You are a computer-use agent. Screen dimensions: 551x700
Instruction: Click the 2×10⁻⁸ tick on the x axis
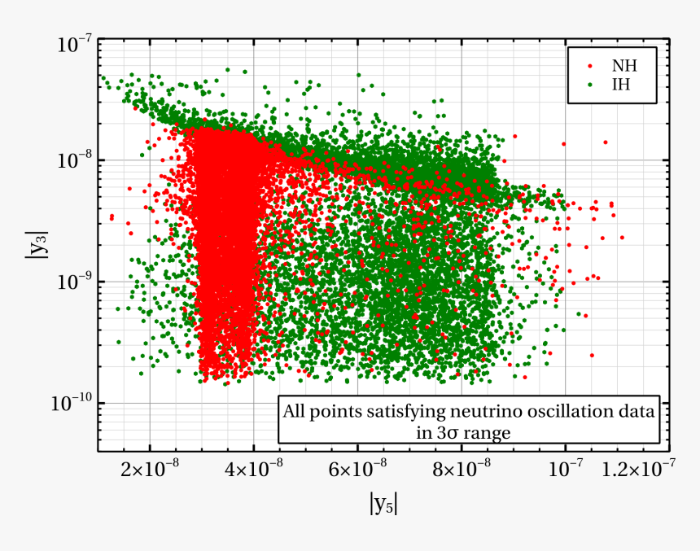pyautogui.click(x=150, y=470)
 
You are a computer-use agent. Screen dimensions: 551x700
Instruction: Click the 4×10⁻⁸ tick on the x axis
pyautogui.click(x=253, y=470)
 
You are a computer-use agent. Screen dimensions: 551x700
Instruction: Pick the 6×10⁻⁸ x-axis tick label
pyautogui.click(x=357, y=470)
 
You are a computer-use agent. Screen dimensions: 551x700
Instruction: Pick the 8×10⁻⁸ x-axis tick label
pyautogui.click(x=461, y=470)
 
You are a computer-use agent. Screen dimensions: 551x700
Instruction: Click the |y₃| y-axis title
pyautogui.click(x=34, y=246)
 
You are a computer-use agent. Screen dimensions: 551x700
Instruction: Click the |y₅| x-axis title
pyautogui.click(x=383, y=505)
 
